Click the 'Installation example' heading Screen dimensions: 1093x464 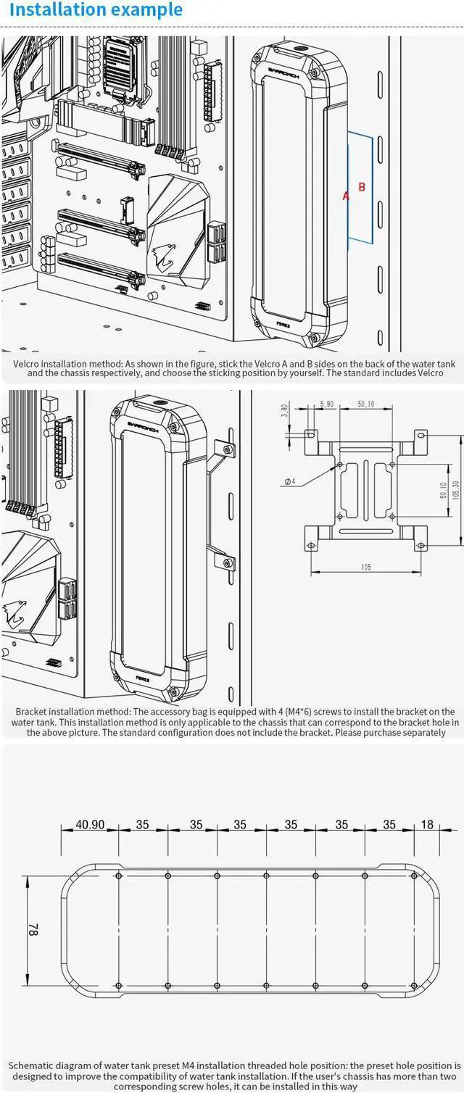click(x=96, y=11)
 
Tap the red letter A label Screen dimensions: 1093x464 click(x=346, y=196)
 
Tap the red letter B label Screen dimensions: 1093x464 click(x=362, y=187)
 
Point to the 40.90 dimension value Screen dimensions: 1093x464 click(x=90, y=824)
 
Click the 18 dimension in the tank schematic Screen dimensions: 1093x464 click(x=427, y=824)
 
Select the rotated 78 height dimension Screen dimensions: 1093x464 click(x=32, y=930)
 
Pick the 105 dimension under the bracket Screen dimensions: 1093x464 click(x=365, y=567)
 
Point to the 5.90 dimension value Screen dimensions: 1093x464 click(x=327, y=404)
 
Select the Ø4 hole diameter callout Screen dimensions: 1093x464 click(x=289, y=481)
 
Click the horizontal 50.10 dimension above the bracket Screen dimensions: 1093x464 click(x=365, y=404)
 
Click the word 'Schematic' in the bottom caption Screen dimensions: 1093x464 click(x=33, y=1065)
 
